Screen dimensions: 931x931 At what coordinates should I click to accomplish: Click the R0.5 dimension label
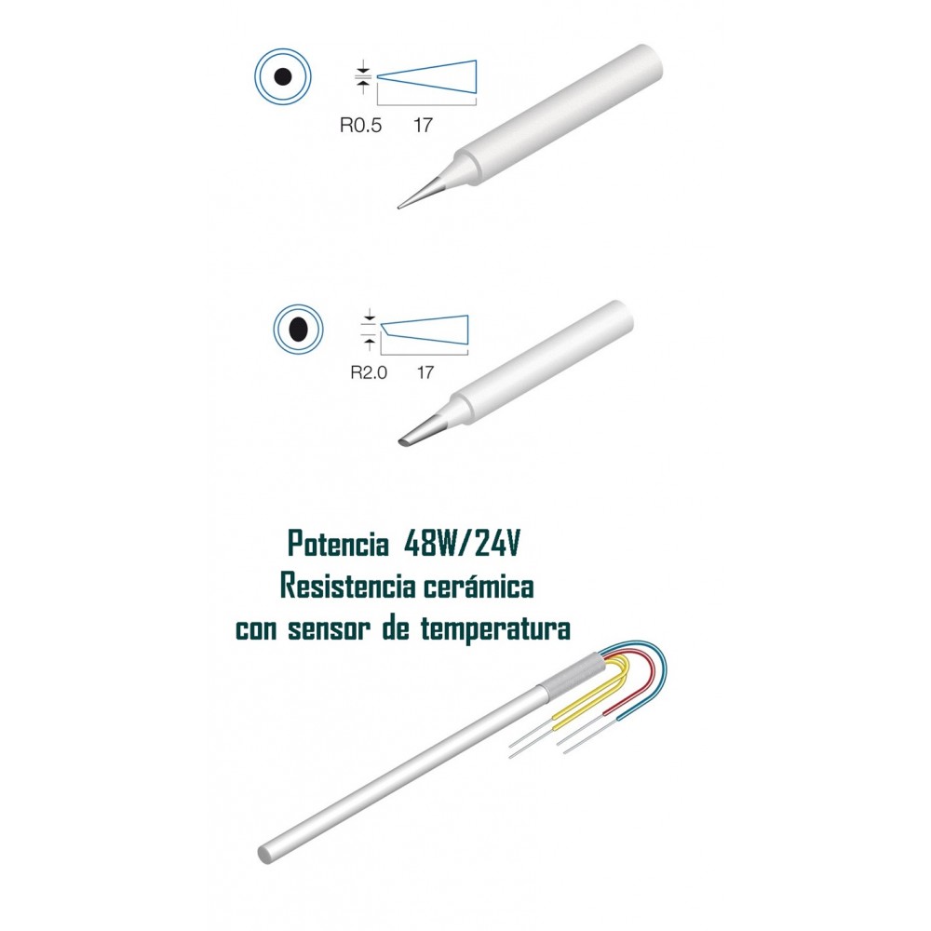click(x=360, y=126)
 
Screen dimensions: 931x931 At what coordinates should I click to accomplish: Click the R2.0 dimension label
click(x=369, y=373)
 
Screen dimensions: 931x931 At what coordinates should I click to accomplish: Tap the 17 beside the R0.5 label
click(x=423, y=126)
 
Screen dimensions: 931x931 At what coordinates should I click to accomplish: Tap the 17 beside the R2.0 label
click(x=425, y=373)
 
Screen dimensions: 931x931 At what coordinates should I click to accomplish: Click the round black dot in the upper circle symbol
click(x=283, y=76)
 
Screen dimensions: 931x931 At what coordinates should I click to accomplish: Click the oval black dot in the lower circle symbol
click(x=299, y=329)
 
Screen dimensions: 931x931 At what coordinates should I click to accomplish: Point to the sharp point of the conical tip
click(x=399, y=208)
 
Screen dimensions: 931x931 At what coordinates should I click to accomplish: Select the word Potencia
click(x=337, y=544)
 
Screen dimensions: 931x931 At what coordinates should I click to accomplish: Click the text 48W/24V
click(x=462, y=544)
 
